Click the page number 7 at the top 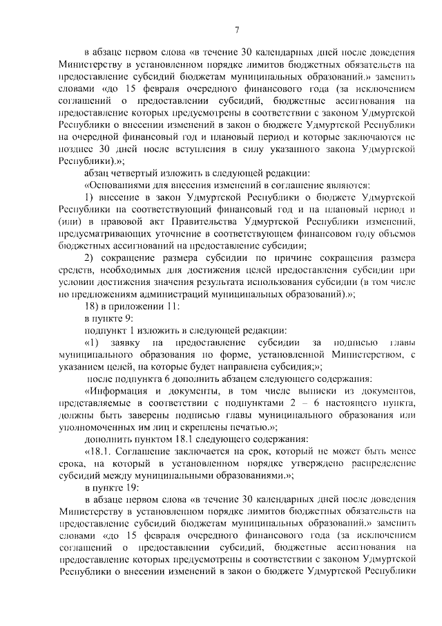(x=236, y=29)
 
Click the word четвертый (x=138, y=173)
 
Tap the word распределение (x=383, y=463)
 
